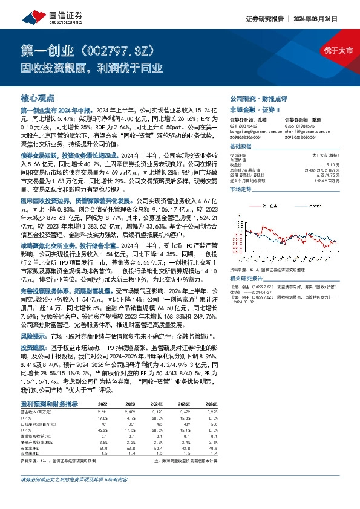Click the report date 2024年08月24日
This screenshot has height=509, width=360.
point(322,18)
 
